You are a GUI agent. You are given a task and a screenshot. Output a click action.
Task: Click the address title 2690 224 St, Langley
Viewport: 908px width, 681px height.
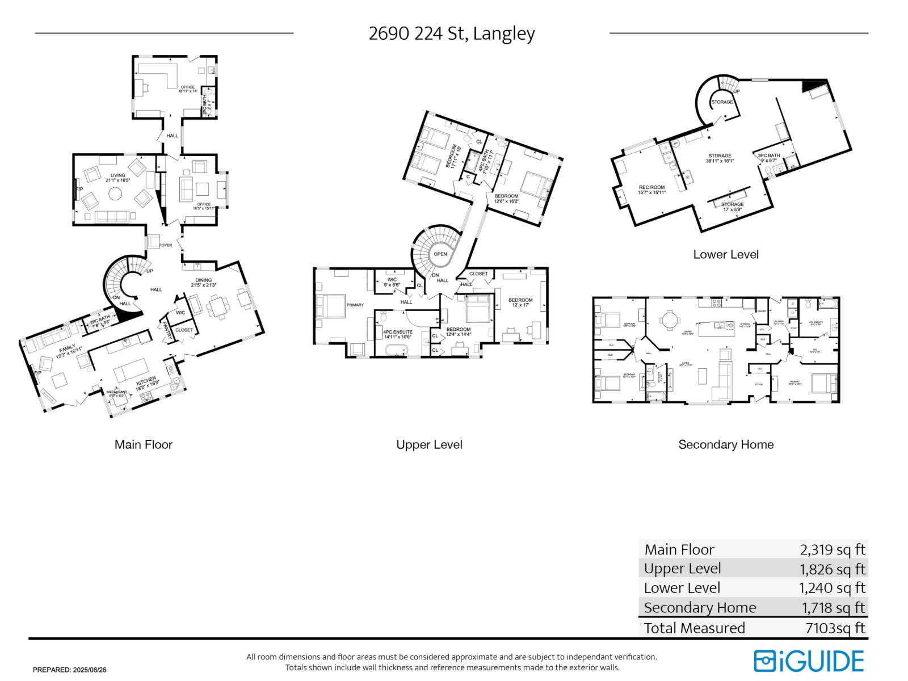pos(452,33)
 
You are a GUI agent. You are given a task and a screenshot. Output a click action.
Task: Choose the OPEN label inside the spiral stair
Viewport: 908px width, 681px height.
pos(440,254)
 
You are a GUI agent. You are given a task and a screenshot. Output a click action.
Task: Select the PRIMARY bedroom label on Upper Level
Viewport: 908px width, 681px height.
pos(355,305)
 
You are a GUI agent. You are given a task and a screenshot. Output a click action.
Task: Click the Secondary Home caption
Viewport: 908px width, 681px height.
pos(726,444)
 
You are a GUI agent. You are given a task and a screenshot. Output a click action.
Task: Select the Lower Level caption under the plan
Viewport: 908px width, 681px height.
pos(726,254)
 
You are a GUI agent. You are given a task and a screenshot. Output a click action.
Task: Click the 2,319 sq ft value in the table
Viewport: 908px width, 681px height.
pos(833,549)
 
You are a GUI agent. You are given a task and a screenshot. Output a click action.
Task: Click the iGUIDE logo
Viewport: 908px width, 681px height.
pos(809,661)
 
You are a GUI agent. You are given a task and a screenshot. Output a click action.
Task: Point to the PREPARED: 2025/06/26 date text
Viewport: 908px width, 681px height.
pos(69,670)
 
